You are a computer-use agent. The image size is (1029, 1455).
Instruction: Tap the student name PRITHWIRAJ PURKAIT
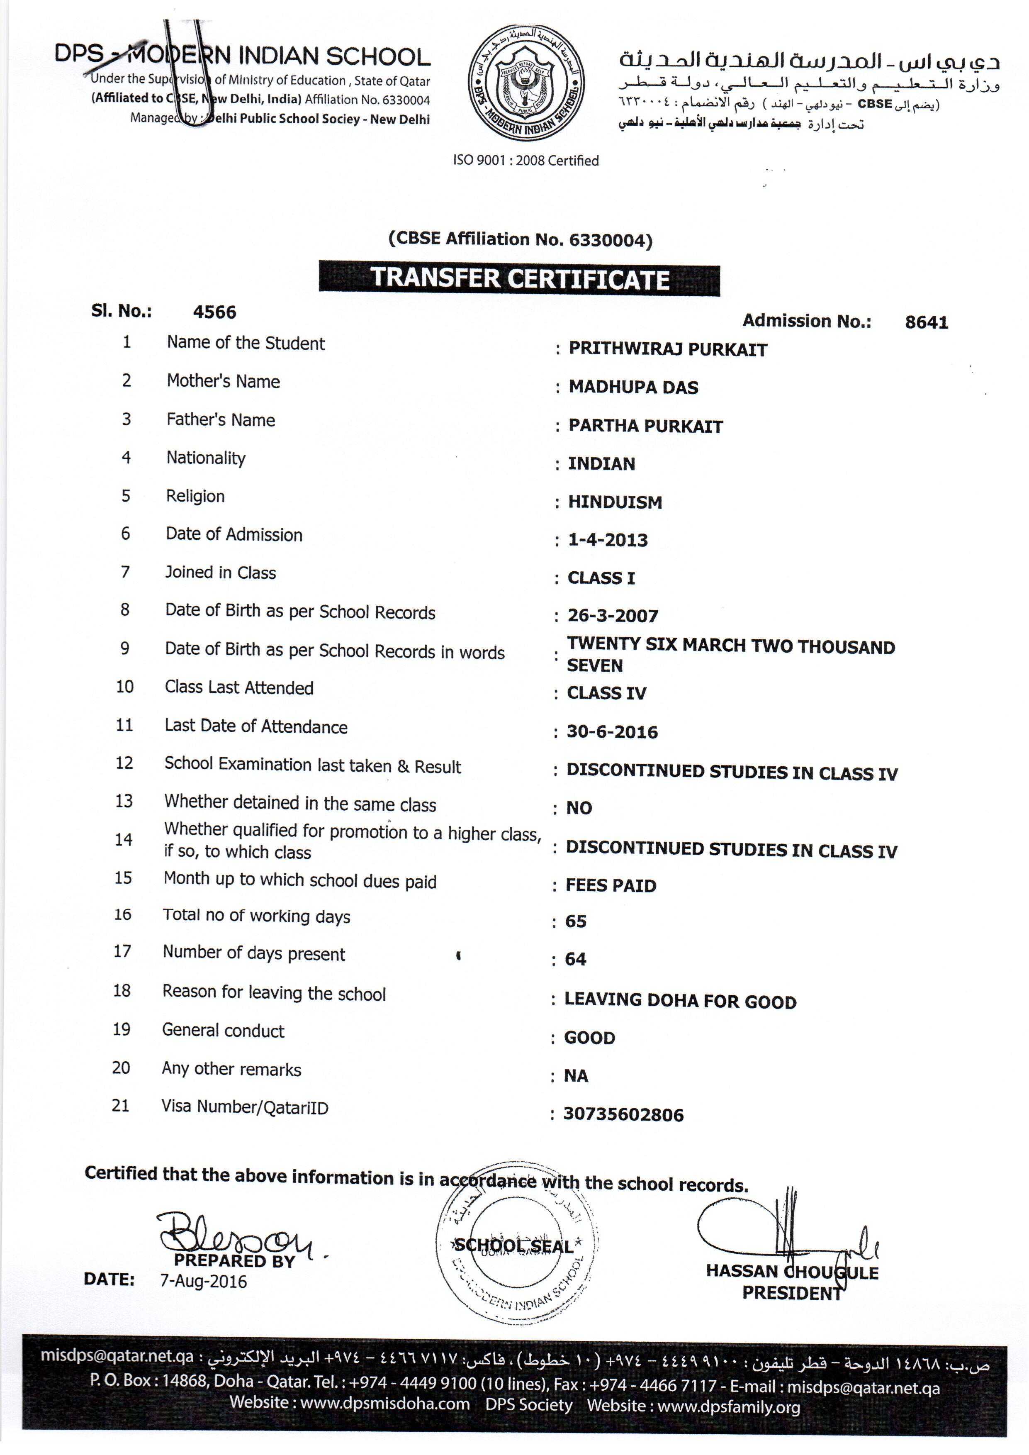(667, 349)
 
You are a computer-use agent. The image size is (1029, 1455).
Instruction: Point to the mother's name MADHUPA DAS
(633, 387)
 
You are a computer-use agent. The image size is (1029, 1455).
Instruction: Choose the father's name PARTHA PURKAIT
(645, 426)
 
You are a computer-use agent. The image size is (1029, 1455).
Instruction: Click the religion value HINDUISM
(615, 502)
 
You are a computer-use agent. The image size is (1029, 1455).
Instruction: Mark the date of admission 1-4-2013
(608, 540)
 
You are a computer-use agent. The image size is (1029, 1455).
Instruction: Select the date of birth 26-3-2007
(612, 615)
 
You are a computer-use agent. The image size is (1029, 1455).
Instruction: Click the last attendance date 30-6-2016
(612, 732)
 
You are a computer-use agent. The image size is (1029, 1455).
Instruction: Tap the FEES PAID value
(611, 885)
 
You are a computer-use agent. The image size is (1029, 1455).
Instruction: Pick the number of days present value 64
(575, 959)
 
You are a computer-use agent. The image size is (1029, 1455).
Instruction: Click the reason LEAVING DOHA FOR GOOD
(680, 1001)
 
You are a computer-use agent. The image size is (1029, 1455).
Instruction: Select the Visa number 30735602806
(623, 1115)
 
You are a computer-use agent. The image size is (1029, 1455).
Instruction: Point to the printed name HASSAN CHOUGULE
(792, 1272)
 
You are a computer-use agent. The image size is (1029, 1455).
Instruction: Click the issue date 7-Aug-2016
(203, 1281)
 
